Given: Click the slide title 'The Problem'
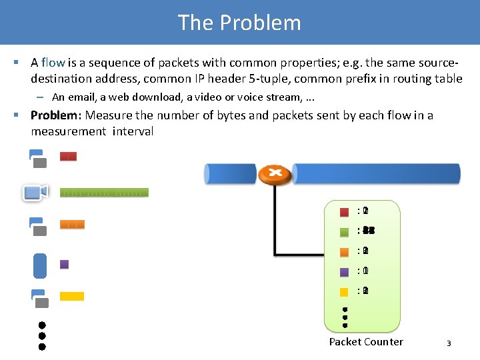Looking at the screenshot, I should (x=239, y=23).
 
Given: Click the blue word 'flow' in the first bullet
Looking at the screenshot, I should (x=53, y=63).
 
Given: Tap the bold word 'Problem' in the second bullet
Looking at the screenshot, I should (x=54, y=115).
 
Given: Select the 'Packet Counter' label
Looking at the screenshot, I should (x=366, y=342).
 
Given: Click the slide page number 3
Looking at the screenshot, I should (x=449, y=343).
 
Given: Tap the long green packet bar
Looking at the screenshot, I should (x=104, y=193).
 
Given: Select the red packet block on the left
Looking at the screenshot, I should (x=68, y=157).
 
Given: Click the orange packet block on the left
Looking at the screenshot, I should (x=72, y=225).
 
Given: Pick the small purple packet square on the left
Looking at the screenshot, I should (x=65, y=264).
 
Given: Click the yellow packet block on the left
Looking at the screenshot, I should (x=72, y=296).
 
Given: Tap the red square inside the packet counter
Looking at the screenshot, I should (x=344, y=212).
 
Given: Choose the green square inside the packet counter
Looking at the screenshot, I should (x=344, y=232).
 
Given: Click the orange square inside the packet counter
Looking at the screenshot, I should (x=344, y=252).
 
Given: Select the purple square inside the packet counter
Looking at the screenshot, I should (x=344, y=272).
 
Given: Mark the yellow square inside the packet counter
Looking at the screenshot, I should (x=344, y=292).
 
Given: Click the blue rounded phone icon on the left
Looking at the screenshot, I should (x=40, y=265).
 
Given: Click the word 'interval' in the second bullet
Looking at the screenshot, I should (x=133, y=131).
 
